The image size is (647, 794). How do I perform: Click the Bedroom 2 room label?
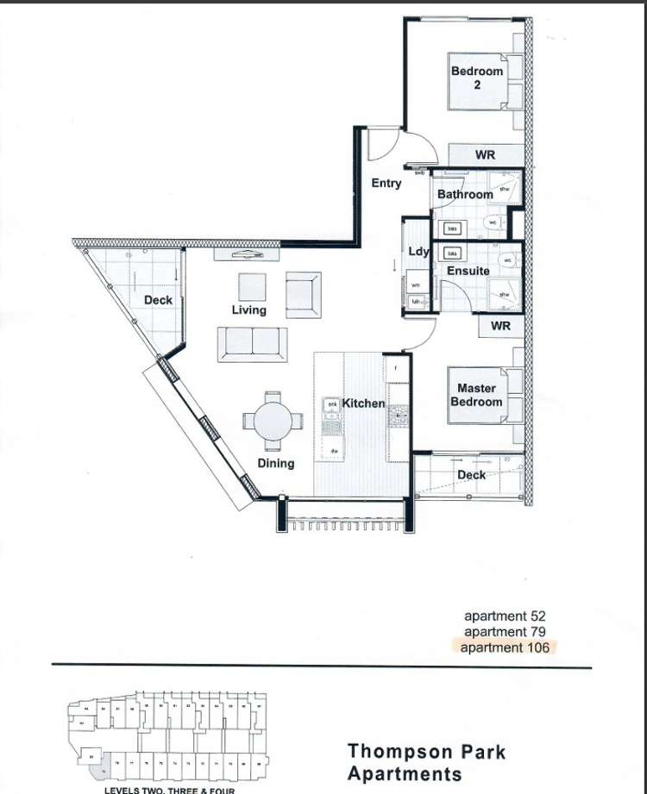(x=476, y=78)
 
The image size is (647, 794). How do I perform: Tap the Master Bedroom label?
(x=476, y=395)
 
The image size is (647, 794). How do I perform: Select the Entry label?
(x=386, y=183)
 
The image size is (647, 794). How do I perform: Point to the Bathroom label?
(x=465, y=195)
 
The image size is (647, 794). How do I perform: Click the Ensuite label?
(x=468, y=271)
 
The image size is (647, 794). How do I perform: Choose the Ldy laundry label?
(x=418, y=252)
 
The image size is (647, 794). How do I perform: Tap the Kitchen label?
(x=363, y=403)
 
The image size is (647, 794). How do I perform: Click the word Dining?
(x=275, y=463)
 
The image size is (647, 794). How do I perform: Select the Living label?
(x=248, y=309)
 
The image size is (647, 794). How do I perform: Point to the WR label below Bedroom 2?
(x=485, y=156)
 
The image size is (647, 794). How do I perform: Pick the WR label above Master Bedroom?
(x=500, y=326)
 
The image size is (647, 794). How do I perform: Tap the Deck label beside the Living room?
(x=158, y=300)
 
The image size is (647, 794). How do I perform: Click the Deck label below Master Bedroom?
(x=471, y=475)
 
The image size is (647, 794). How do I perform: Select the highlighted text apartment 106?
(x=505, y=647)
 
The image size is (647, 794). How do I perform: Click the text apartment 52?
(x=505, y=616)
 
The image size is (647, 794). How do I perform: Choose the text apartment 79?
(x=505, y=632)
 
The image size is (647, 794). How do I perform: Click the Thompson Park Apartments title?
(x=426, y=762)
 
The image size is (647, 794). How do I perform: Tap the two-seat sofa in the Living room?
(x=252, y=341)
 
